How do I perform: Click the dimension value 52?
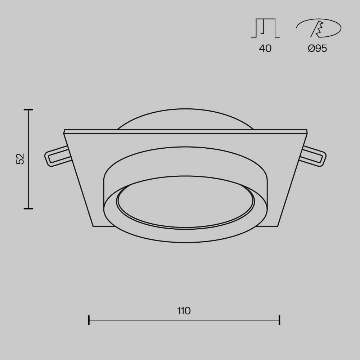coord(21,159)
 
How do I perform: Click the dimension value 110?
coord(184,311)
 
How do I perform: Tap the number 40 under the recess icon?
coord(265,49)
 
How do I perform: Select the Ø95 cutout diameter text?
coord(318,49)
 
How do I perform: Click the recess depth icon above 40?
coord(265,28)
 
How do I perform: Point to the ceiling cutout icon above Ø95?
coord(318,28)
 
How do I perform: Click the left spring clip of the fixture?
coord(57,157)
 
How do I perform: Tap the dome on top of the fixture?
coord(185,119)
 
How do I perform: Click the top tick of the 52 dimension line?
coord(28,109)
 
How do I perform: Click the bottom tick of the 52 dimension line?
coord(28,208)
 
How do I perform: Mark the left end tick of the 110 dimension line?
coord(89,320)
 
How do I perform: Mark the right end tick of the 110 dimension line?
coord(279,320)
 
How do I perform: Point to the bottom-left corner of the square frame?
coord(93,226)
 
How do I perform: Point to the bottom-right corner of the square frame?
coord(278,226)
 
